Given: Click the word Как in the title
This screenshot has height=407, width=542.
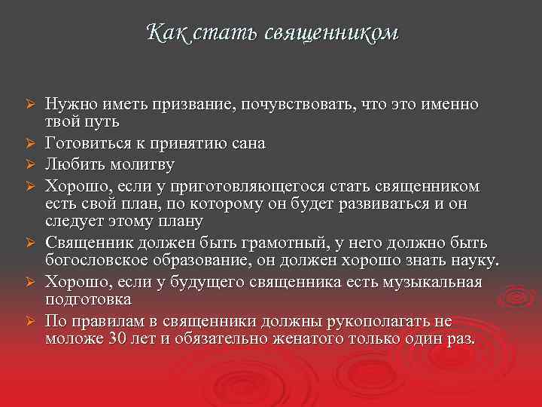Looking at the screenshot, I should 164,33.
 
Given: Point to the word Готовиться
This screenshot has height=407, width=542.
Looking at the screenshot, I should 84,142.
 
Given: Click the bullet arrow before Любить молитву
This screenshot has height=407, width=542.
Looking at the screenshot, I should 31,164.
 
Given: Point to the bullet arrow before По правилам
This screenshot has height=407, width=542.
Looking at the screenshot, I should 31,321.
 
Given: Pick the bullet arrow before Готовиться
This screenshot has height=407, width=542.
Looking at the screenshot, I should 31,143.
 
